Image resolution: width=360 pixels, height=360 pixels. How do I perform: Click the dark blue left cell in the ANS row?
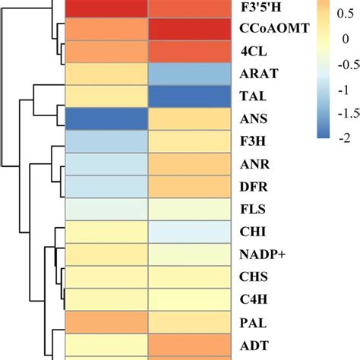point(106,119)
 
